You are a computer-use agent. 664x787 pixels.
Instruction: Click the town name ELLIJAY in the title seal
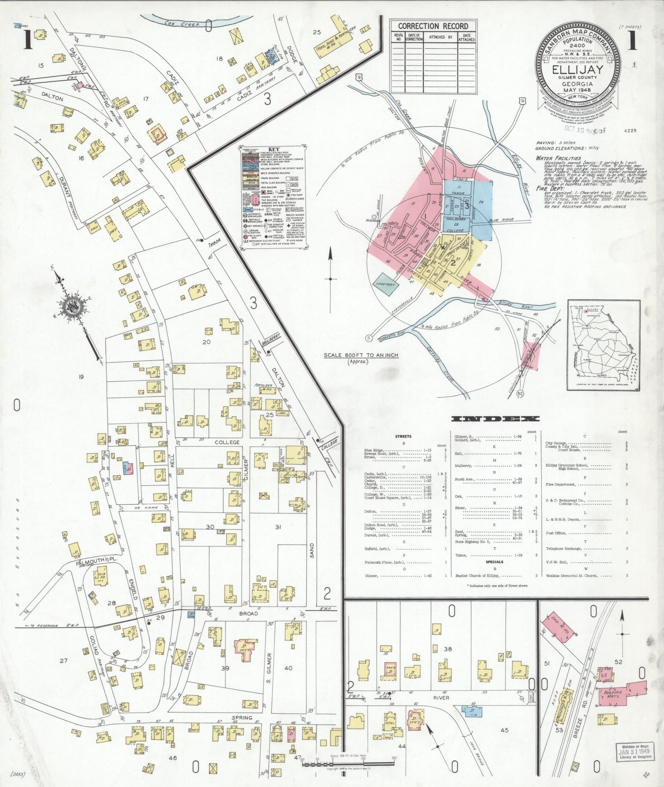click(579, 69)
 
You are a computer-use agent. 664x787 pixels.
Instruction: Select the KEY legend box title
click(273, 150)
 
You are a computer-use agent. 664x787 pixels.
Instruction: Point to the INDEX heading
click(495, 419)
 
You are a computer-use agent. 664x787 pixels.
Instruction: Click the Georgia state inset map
click(604, 345)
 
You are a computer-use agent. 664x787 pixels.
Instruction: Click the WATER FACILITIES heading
click(558, 158)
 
